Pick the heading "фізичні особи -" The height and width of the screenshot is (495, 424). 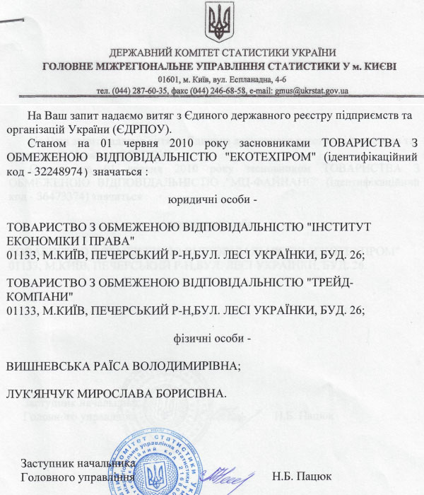[211, 338]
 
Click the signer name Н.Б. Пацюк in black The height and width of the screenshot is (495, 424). [301, 476]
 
